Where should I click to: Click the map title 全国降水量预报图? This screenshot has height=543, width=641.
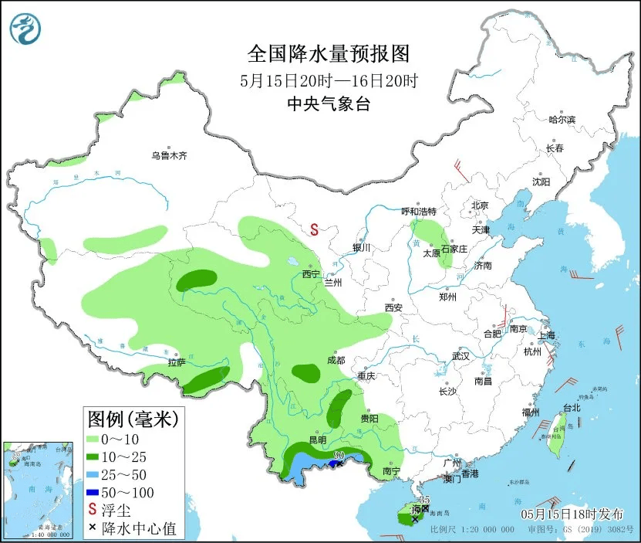(328, 53)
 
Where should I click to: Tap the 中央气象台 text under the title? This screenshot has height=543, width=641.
(328, 104)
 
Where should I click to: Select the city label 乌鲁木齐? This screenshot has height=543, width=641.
(169, 155)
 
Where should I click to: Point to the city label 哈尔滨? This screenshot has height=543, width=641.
(562, 120)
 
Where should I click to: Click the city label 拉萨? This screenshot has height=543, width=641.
(177, 362)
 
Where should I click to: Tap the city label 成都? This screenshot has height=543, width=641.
(336, 360)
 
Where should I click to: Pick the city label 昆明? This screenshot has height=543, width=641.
(318, 439)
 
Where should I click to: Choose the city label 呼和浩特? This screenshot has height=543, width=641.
(419, 211)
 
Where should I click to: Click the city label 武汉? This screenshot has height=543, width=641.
(461, 356)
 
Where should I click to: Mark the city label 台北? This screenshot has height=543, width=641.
(571, 407)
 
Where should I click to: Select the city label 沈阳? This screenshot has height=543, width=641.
(541, 182)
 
